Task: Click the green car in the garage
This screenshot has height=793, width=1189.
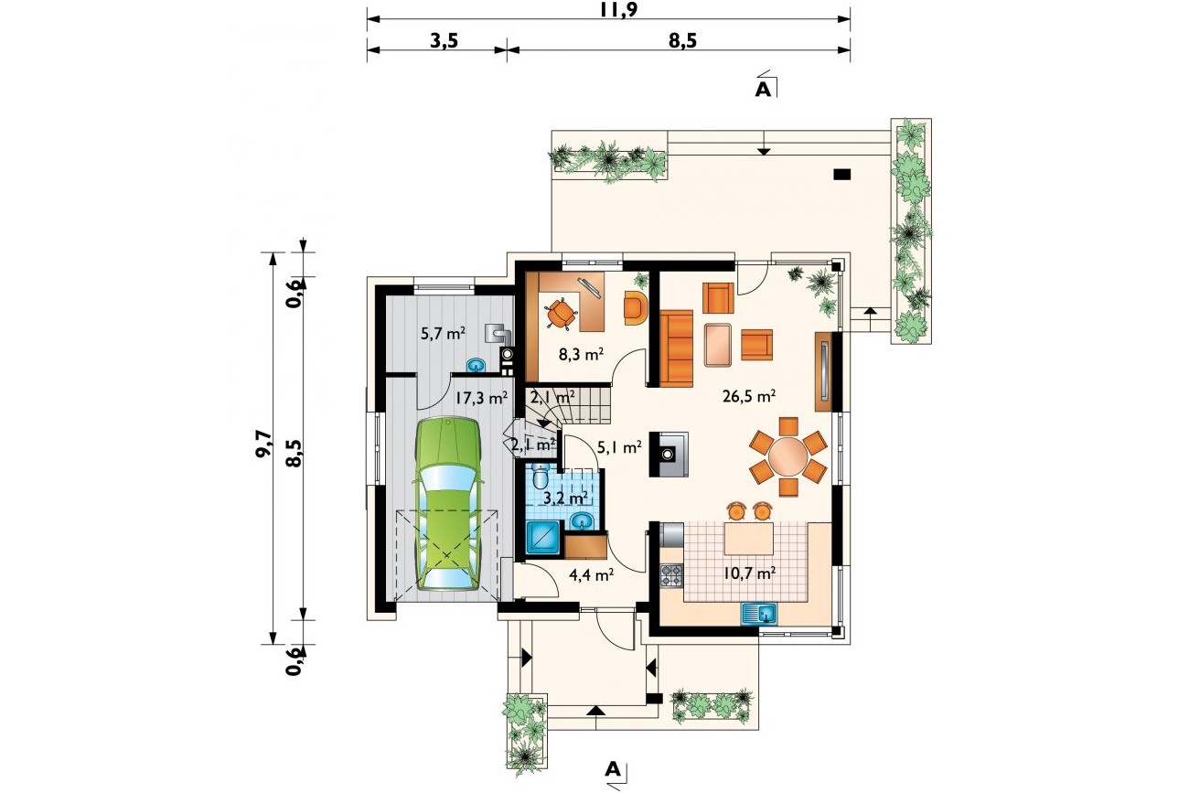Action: click(x=448, y=504)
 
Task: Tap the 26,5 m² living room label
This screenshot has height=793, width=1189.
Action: click(x=749, y=397)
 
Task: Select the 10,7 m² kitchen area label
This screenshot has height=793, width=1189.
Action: click(x=749, y=573)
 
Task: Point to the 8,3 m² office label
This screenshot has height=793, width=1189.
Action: click(x=581, y=354)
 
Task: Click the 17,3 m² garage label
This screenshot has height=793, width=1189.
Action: click(x=481, y=398)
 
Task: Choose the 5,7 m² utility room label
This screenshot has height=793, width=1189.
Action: click(x=444, y=334)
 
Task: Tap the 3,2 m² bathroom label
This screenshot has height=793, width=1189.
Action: click(x=566, y=498)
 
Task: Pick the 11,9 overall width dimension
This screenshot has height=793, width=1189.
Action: click(x=619, y=11)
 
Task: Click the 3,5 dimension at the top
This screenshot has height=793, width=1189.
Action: click(x=444, y=40)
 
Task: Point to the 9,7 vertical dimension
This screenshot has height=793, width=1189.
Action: click(x=263, y=444)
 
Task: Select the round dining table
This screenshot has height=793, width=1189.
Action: click(x=788, y=456)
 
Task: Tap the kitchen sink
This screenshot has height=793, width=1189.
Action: click(x=759, y=613)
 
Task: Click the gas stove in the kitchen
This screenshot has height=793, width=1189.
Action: click(x=672, y=575)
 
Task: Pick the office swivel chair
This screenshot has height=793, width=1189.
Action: click(x=561, y=313)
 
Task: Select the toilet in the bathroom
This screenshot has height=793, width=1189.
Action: click(x=541, y=477)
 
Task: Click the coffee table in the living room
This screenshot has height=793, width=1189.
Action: click(x=719, y=345)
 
